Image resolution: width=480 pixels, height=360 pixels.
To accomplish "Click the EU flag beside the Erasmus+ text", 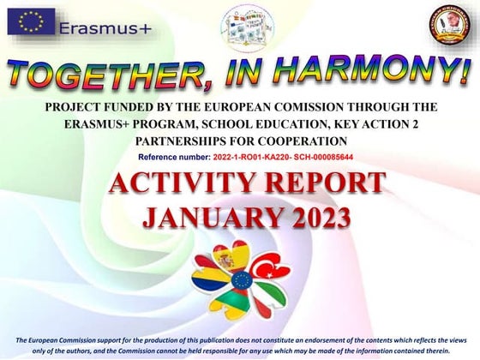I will (31, 21).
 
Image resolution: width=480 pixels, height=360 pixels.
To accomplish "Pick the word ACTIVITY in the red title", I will (171, 183).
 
